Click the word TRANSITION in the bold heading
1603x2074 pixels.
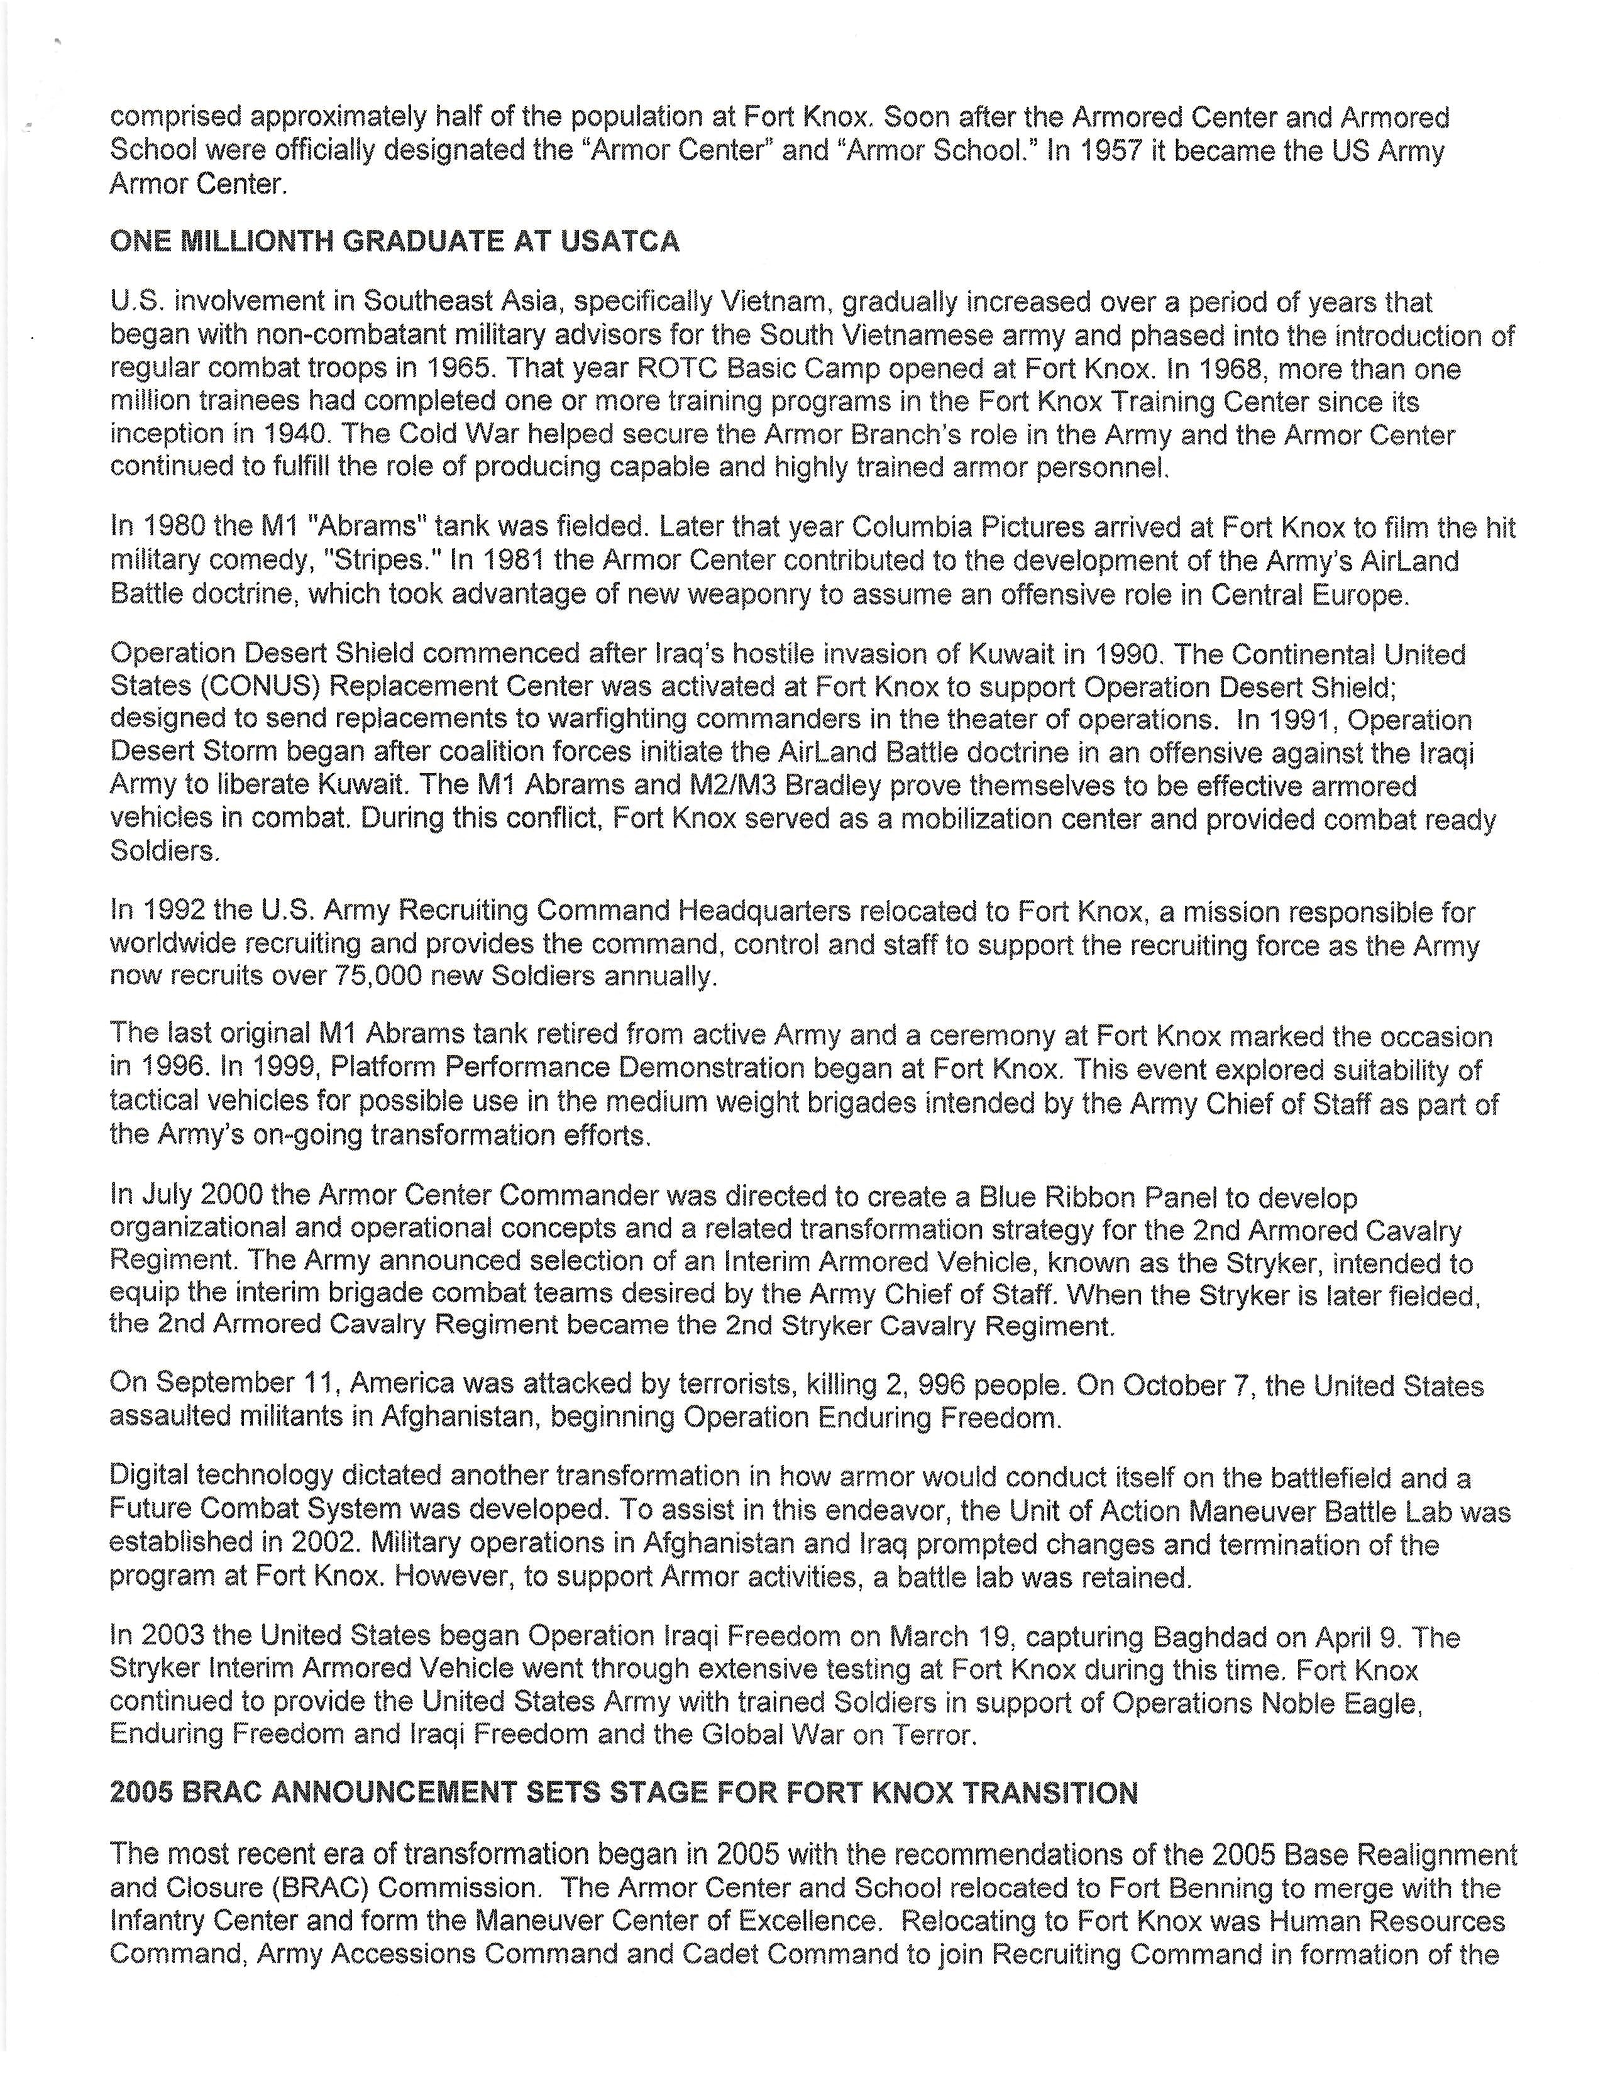point(1050,1793)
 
